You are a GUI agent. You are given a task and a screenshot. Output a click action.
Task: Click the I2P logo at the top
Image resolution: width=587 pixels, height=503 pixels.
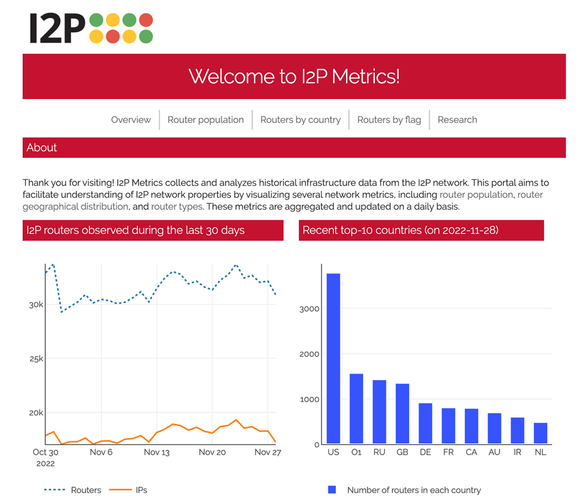[x=90, y=28]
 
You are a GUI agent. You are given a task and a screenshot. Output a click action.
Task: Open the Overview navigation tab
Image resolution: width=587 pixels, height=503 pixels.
[x=131, y=120]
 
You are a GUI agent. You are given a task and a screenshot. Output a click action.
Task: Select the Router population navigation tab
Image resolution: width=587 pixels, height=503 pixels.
[x=205, y=120]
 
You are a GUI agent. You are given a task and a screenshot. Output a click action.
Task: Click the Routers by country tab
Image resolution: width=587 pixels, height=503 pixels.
[x=300, y=120]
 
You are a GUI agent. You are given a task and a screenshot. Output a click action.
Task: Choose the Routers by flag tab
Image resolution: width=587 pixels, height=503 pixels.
[x=389, y=120]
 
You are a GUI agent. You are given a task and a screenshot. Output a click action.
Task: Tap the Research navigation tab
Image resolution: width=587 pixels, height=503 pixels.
[x=457, y=120]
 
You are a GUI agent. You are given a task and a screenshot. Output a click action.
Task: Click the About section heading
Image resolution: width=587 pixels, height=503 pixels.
[x=42, y=147]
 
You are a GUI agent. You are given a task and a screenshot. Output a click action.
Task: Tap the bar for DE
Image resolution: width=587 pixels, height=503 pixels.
[x=426, y=423]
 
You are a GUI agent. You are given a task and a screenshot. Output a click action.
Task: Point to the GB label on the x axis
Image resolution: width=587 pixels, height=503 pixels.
[x=402, y=453]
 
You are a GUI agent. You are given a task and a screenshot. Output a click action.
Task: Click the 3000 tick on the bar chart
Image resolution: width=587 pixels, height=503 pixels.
[x=309, y=309]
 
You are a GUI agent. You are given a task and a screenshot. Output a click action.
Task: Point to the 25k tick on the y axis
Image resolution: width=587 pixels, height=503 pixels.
[x=37, y=359]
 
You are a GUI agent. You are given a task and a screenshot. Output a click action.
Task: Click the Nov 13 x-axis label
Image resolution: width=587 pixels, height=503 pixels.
[x=157, y=453]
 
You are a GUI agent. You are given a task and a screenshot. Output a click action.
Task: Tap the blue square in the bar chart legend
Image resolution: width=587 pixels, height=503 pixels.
[x=332, y=490]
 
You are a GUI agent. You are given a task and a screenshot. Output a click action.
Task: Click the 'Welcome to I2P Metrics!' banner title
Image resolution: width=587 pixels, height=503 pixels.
[x=293, y=76]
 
